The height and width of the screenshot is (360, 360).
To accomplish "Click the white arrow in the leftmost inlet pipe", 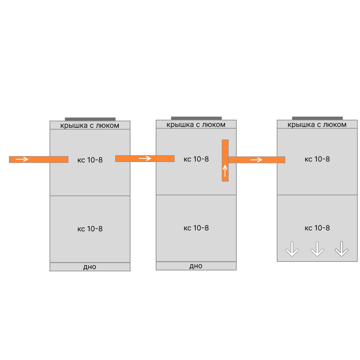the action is (22, 159).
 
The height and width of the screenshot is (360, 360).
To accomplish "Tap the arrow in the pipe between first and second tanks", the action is (145, 158).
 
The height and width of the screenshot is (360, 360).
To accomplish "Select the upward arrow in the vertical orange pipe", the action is (225, 171).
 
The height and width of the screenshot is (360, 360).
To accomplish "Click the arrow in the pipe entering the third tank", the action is (256, 160).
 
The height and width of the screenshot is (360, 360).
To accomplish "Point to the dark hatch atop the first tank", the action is (90, 119).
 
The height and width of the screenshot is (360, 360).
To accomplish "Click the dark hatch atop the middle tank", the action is (196, 118).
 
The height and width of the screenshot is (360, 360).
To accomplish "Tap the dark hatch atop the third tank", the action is (317, 118).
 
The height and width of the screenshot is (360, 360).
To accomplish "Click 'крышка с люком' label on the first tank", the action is (90, 126).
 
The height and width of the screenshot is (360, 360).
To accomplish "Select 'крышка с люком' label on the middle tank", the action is (196, 125).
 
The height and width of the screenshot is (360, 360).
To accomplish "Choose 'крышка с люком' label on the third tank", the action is (317, 125).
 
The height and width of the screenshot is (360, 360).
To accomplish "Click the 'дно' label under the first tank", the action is (90, 267).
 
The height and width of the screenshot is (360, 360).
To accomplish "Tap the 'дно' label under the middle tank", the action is (196, 266).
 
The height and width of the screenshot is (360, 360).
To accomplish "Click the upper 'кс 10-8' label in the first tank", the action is (90, 160).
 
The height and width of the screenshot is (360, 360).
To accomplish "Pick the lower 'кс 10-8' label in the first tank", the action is (90, 229).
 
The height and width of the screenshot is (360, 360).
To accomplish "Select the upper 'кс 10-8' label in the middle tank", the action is (196, 159).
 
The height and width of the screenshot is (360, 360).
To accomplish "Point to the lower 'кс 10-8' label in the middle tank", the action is (196, 228).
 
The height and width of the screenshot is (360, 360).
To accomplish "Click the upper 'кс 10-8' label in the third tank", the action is (317, 159).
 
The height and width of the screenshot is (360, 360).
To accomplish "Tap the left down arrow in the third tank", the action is (292, 249).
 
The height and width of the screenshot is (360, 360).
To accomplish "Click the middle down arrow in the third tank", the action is (317, 249).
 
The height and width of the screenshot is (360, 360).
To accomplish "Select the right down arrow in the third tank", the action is (342, 249).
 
